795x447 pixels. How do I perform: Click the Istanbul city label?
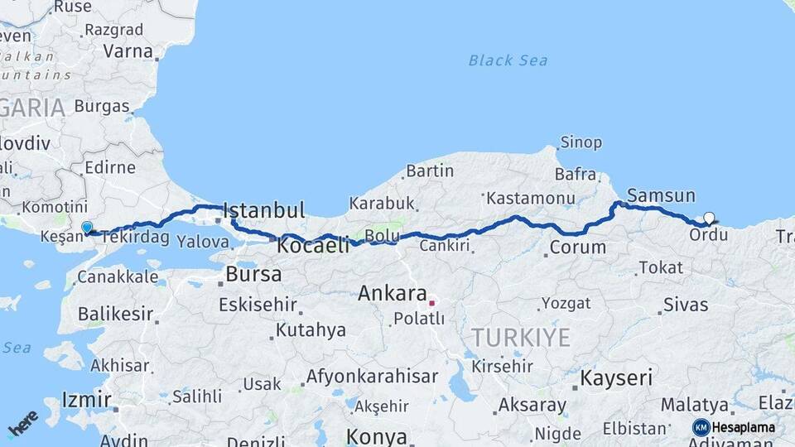264,209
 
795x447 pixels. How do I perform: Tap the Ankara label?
393,294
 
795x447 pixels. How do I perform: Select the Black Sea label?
508,60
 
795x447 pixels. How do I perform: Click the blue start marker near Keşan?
87,227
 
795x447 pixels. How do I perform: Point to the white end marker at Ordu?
709,219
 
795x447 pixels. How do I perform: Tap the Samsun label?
661,196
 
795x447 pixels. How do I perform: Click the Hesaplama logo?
734,427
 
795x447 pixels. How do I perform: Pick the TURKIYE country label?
521,338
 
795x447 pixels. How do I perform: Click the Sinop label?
581,142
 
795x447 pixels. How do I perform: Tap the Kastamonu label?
531,199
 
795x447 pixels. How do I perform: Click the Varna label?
128,51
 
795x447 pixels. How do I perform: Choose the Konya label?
377,436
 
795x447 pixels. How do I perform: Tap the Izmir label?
87,401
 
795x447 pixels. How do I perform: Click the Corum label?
578,247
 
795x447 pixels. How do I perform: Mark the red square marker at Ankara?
431,303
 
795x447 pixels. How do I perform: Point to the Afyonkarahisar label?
372,377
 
